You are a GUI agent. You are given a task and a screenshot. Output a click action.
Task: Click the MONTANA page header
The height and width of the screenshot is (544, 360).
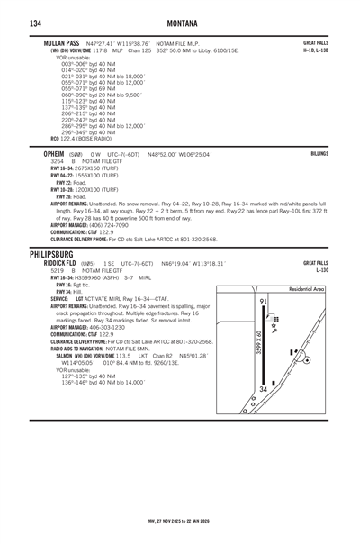pos(179,21)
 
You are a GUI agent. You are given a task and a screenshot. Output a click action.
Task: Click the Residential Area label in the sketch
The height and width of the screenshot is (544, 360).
pos(306,288)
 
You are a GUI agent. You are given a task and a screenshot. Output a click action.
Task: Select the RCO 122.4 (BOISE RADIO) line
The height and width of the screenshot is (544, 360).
pos(81,140)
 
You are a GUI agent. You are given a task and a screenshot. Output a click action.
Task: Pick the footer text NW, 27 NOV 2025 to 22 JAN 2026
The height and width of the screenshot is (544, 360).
pos(179,520)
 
